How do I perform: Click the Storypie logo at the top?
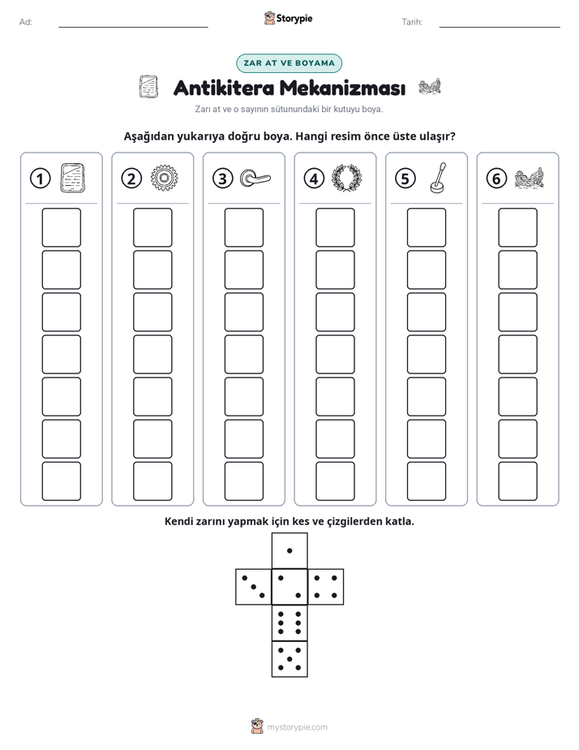288,18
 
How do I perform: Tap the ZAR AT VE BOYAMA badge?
289,63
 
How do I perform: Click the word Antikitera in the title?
224,88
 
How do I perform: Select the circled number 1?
40,179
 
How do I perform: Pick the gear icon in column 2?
164,178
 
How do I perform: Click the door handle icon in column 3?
255,178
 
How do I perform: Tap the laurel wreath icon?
347,178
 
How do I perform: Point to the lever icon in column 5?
438,178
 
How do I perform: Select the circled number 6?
496,179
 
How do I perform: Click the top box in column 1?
61,227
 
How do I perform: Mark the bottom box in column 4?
335,481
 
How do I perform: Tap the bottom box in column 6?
517,481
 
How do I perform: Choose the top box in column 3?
243,227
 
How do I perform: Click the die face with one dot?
289,550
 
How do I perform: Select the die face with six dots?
289,623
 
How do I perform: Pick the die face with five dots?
289,659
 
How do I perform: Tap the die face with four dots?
326,587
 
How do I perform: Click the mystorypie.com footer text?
297,727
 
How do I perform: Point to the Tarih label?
412,22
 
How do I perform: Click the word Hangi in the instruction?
312,136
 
